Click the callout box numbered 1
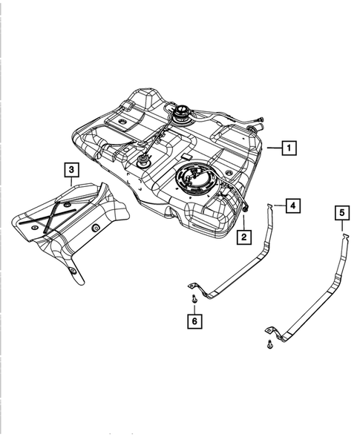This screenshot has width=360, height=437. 289,148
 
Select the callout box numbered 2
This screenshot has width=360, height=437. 243,237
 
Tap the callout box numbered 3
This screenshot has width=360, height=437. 71,171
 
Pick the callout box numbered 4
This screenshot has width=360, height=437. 293,205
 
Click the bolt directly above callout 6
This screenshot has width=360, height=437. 193,298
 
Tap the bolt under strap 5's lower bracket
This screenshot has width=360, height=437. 267,344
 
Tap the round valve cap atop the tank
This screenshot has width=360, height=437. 182,114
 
